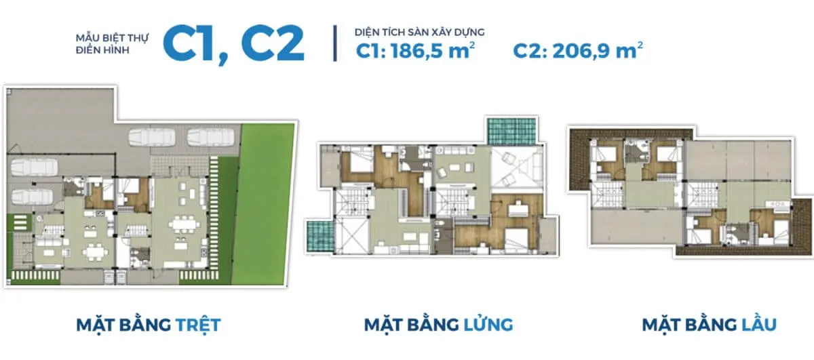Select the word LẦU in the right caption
click(755, 325)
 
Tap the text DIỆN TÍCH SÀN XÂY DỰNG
click(419, 32)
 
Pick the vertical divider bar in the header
click(335, 43)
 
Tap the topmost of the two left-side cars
click(32, 166)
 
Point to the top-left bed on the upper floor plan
click(606, 154)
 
